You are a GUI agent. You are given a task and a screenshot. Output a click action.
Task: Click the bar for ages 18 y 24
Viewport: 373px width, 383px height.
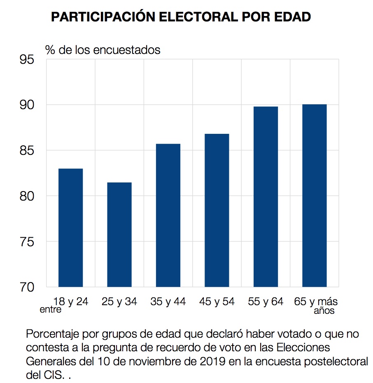click(x=71, y=227)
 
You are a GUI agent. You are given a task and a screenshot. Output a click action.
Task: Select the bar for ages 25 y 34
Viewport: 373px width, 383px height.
click(x=119, y=234)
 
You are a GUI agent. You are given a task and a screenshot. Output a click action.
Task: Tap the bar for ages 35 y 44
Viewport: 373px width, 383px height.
click(x=168, y=215)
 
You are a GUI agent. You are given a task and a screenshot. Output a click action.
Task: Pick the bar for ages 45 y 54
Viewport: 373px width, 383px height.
click(x=217, y=210)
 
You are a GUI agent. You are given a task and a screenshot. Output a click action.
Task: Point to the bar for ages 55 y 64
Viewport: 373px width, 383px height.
click(x=266, y=196)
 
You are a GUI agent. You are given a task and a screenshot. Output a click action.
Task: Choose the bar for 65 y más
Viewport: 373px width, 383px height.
click(x=315, y=195)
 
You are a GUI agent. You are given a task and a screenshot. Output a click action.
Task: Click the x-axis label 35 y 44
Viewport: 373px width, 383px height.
click(x=168, y=301)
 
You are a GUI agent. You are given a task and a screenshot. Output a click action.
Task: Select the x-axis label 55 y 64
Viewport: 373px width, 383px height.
click(x=266, y=301)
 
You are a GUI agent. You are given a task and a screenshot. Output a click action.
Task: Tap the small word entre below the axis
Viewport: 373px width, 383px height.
click(x=50, y=310)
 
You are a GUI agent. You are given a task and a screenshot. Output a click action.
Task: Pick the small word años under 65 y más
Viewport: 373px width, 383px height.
click(x=324, y=311)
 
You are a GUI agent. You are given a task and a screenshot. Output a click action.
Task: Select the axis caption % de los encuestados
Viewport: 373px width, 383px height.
click(x=103, y=50)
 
